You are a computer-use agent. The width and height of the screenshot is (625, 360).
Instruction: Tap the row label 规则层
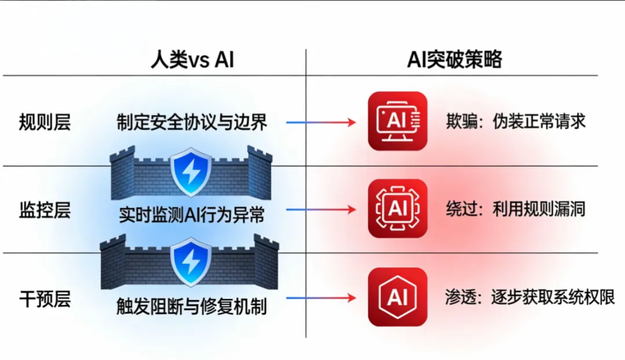tap(45, 123)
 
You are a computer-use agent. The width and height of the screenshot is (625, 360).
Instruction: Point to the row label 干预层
tap(45, 299)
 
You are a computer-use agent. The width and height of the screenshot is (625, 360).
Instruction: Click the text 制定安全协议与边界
tap(192, 123)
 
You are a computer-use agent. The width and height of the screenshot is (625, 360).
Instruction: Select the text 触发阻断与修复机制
tap(192, 305)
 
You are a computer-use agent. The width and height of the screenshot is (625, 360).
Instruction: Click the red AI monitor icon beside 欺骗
tap(398, 121)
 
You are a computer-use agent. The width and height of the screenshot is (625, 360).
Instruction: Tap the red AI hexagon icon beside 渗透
tap(398, 297)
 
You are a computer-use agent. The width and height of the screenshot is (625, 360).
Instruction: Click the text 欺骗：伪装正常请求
tap(516, 121)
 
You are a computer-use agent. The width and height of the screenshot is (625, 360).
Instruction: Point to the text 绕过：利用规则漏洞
tap(516, 208)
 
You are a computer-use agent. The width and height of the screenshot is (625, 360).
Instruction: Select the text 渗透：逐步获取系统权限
tap(530, 297)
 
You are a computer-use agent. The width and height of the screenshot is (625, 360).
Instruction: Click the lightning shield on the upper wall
tap(192, 171)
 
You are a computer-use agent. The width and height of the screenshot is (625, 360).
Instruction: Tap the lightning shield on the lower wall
tap(192, 264)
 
